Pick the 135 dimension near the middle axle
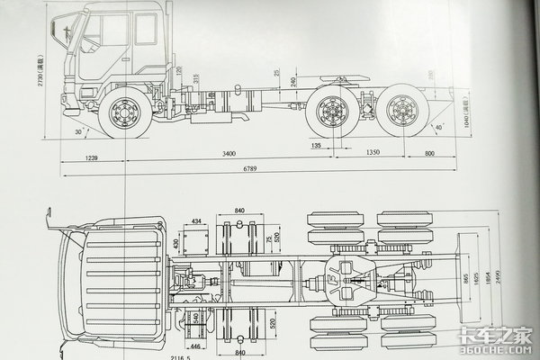[x=316, y=143]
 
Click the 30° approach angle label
[x=84, y=130]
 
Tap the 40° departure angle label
[x=438, y=126]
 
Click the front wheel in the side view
[x=124, y=114]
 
